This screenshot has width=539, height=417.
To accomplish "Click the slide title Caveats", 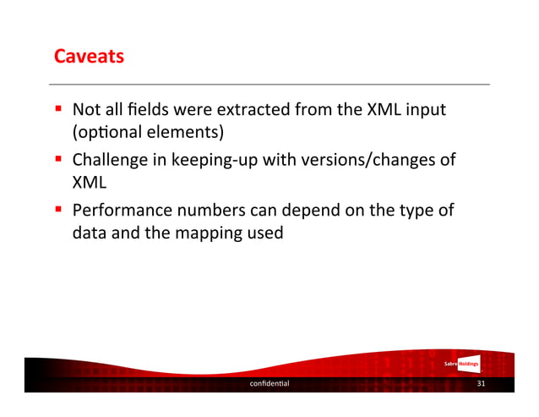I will pos(89,58).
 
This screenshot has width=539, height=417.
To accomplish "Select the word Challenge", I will pos(107,160).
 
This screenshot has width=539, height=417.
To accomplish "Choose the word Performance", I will pos(119,209).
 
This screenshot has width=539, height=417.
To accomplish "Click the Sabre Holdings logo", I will pos(463,364).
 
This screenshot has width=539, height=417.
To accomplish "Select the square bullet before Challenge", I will pos(61,159).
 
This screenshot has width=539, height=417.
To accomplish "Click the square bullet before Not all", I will pos(61,110).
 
